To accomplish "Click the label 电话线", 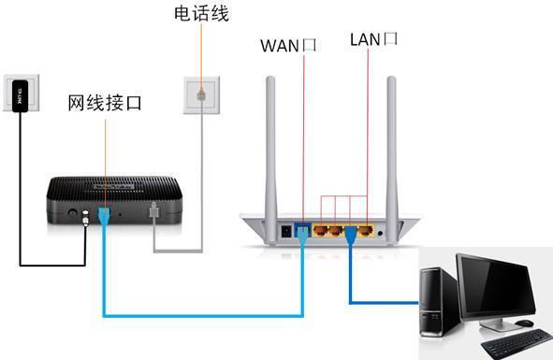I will (x=201, y=14).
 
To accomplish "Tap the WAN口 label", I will (x=289, y=43).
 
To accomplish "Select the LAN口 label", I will (x=374, y=39).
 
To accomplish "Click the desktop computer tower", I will (x=436, y=299).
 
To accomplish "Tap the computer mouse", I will (x=525, y=323).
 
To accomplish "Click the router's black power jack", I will (x=284, y=229).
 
